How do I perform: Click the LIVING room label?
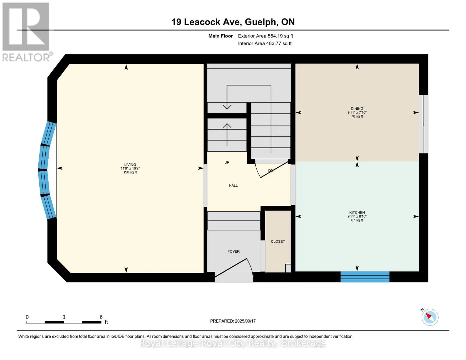click(130, 164)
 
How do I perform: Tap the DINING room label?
click(357, 109)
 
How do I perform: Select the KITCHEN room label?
click(357, 212)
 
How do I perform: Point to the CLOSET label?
click(278, 241)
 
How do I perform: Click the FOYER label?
click(233, 251)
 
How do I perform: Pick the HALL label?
click(233, 185)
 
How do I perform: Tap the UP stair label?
click(227, 162)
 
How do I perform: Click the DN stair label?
click(271, 170)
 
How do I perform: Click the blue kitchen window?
click(365, 277)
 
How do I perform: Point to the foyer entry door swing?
click(234, 268)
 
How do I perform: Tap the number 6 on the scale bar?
click(101, 317)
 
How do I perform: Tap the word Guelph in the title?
click(260, 22)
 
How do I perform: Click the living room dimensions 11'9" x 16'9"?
click(130, 169)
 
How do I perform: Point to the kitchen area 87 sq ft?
click(357, 220)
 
